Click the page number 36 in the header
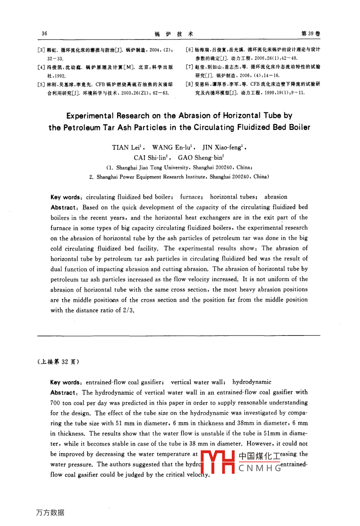(x=44, y=34)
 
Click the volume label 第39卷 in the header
(x=311, y=34)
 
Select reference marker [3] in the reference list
(x=41, y=50)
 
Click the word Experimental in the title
(x=90, y=116)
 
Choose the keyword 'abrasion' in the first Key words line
(x=276, y=197)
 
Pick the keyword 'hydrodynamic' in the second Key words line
(x=252, y=382)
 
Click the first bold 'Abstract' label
(x=63, y=207)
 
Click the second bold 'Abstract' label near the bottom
(x=63, y=393)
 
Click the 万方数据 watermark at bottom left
(x=50, y=512)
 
